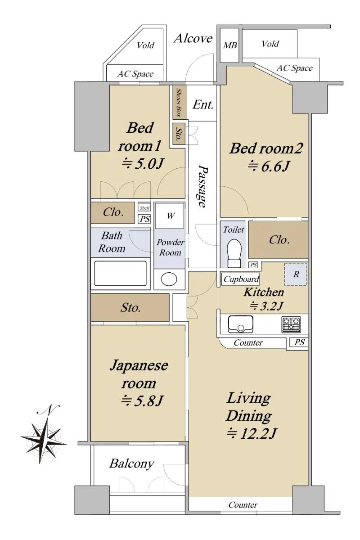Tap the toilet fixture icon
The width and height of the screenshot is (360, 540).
pos(234,253)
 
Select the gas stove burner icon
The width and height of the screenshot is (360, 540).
pos(291,324)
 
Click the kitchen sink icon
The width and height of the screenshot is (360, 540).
pos(240,324)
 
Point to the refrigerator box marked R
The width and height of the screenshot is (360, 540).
pos(296,274)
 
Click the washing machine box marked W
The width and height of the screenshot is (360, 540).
pos(170,216)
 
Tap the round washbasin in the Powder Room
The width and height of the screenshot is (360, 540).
pos(169,279)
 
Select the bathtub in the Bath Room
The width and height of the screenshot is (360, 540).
pos(120,274)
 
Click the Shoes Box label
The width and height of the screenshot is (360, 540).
pos(179,103)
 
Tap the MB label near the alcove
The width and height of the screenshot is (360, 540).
pos(230,45)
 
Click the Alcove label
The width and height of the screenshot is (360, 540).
pos(193,39)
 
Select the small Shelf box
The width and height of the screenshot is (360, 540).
pos(144,207)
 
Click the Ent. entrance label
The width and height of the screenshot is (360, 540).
pos(203,105)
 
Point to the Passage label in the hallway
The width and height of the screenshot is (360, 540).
pos(202,185)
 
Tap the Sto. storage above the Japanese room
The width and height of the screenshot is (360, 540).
pos(130,308)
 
